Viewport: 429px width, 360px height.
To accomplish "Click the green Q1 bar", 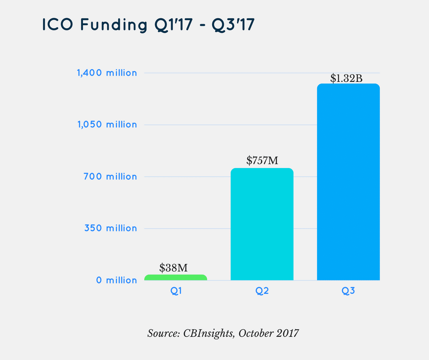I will [x=176, y=277].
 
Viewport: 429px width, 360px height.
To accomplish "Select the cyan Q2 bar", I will [x=262, y=224].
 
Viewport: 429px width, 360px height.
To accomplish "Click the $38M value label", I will [x=173, y=268].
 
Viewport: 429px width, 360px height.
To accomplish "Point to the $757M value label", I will [x=262, y=160].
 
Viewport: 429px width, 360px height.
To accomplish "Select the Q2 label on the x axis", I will [x=262, y=291].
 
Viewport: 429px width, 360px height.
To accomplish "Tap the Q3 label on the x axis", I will [x=348, y=291].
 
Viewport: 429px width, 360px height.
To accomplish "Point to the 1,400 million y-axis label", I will [x=107, y=73].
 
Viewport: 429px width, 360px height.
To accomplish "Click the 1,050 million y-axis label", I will [x=107, y=124].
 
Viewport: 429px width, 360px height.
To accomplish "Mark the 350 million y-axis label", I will [x=110, y=228].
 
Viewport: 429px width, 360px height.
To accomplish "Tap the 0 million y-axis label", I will [x=116, y=280].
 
